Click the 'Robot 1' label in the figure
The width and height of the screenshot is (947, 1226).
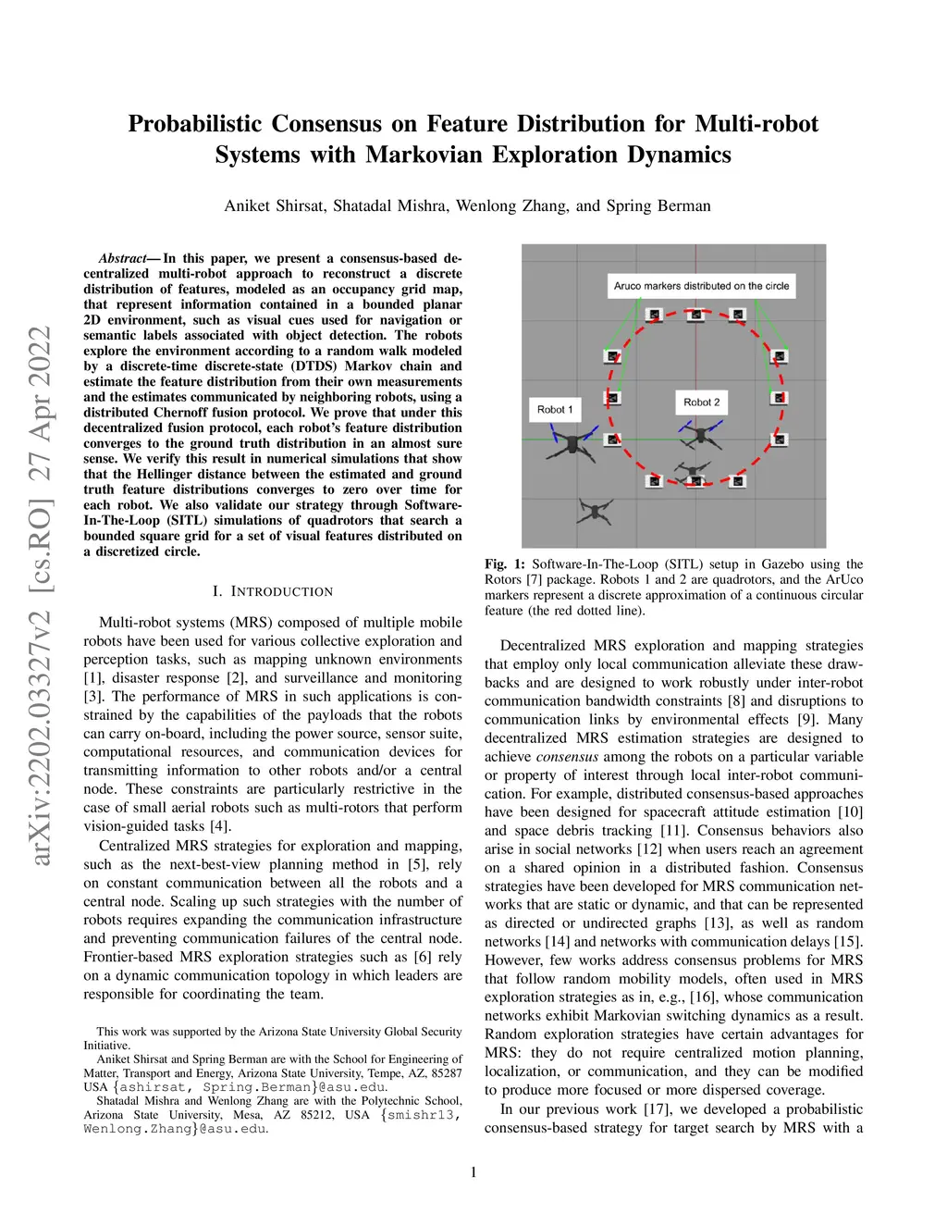(555, 409)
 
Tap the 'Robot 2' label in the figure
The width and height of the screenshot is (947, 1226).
(701, 402)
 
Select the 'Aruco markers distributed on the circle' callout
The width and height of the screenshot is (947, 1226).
(701, 286)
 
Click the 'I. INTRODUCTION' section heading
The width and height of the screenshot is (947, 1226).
(273, 591)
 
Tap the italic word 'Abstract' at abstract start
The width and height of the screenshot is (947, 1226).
(123, 258)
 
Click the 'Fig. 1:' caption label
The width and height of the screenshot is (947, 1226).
(505, 564)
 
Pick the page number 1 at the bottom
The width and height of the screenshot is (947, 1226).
(473, 1172)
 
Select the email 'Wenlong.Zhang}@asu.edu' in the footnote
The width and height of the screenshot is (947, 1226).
(175, 1129)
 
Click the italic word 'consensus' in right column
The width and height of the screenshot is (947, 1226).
(567, 757)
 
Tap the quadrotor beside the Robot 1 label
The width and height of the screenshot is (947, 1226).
(575, 443)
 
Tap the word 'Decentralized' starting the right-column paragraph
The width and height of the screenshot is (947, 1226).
(543, 646)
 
